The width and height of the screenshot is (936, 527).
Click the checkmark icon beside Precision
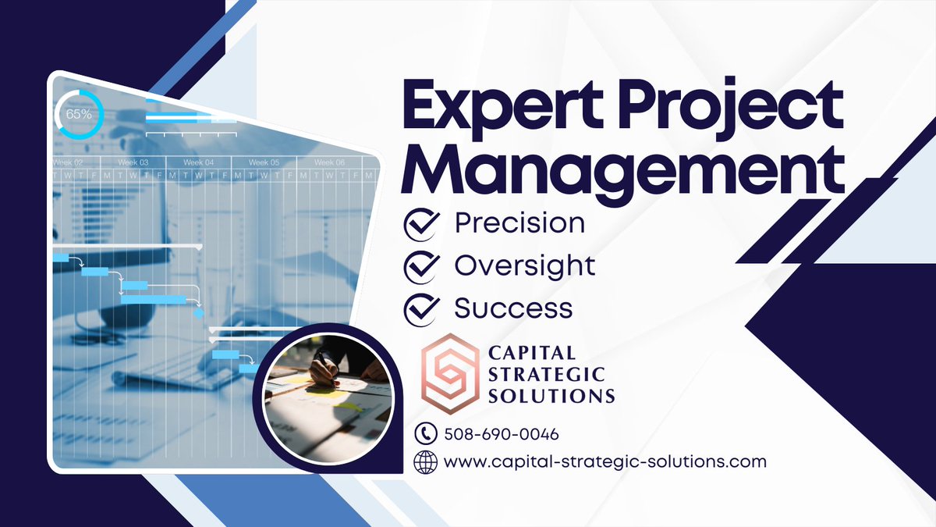coord(421,224)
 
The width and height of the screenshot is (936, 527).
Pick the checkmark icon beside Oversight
coord(421,266)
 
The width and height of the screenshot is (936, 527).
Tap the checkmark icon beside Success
coord(421,308)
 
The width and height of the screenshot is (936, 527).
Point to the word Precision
coord(519,224)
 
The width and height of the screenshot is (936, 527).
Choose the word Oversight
coord(525,266)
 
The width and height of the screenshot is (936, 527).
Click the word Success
coord(513,308)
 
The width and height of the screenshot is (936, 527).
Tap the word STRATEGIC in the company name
coord(546,376)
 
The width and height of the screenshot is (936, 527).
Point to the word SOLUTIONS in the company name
coord(551,396)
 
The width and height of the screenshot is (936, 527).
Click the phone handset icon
coord(426,433)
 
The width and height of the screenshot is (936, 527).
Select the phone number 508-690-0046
coord(501,434)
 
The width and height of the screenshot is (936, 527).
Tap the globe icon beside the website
coord(426,461)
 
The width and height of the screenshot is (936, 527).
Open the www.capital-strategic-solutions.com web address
coord(604,461)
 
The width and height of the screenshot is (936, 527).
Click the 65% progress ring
coord(79,114)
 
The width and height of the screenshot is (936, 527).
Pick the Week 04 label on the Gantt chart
coord(198,162)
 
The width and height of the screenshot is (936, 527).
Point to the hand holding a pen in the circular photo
coord(323,369)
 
